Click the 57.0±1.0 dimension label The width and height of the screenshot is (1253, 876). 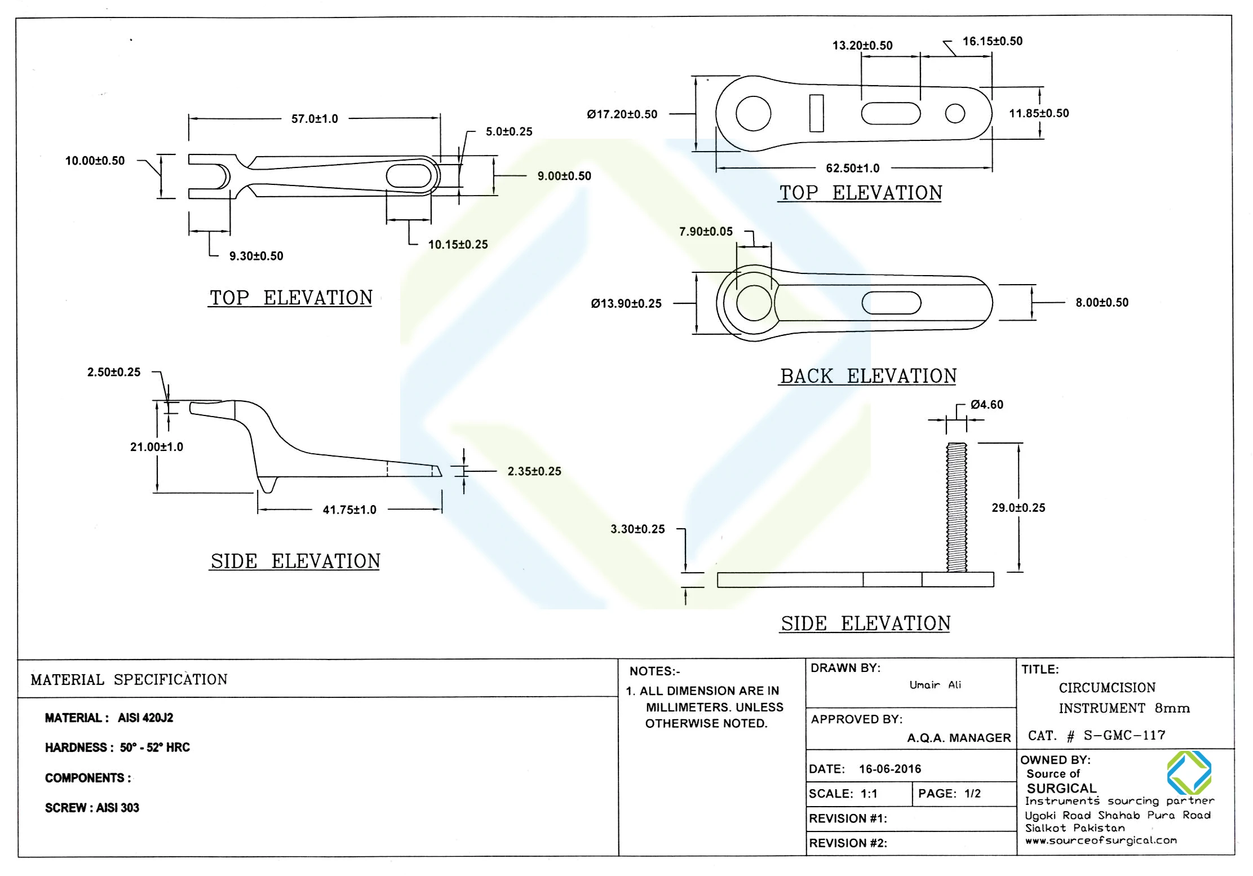coord(314,119)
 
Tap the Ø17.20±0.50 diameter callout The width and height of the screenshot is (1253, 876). coord(622,114)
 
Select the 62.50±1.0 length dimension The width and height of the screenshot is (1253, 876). coord(852,168)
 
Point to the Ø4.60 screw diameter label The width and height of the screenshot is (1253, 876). coord(986,405)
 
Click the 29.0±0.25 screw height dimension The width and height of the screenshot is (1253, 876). coord(1018,507)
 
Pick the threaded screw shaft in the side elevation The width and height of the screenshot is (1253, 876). coord(957,507)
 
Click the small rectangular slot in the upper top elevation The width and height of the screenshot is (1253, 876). coord(816,113)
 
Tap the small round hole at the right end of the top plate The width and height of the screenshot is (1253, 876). coord(955,113)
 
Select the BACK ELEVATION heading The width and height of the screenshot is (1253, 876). coord(868,376)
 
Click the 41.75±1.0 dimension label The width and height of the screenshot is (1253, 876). coord(349,510)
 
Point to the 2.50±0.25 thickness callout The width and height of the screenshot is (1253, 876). coord(113,372)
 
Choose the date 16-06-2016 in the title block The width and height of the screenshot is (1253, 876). coord(889,769)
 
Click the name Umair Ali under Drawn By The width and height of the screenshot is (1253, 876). coord(935,685)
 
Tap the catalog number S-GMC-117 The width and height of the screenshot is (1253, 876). coord(1124,736)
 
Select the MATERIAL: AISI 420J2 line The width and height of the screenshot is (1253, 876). coord(109,718)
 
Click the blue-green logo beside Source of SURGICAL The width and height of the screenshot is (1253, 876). coord(1189,773)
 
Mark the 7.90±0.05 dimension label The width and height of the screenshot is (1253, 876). coord(706,232)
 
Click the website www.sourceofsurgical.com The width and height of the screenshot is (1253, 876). coord(1100,840)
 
